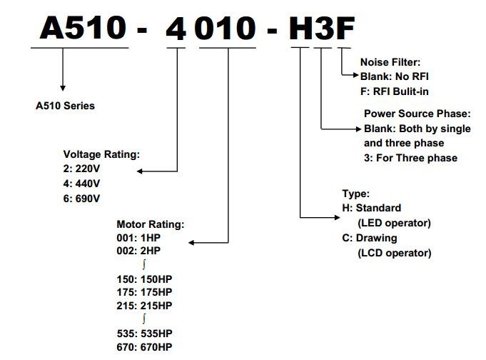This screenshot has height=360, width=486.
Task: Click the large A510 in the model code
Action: [x=83, y=27]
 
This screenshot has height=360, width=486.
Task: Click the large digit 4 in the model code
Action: [x=176, y=28]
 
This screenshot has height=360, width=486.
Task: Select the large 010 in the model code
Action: [x=225, y=28]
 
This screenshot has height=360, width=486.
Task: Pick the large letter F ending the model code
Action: [x=345, y=28]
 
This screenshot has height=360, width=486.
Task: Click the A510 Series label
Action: [x=65, y=106]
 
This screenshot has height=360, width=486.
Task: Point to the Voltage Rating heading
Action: [x=101, y=154]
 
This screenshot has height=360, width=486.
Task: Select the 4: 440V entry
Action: [x=81, y=184]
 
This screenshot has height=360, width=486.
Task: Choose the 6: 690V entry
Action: [x=81, y=199]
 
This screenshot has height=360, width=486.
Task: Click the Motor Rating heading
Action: [x=151, y=224]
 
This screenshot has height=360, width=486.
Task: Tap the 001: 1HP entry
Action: [x=138, y=238]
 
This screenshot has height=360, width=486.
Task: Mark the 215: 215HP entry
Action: [x=144, y=306]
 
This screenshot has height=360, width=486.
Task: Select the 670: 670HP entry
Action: [x=144, y=347]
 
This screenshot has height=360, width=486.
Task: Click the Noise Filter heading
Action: [x=390, y=62]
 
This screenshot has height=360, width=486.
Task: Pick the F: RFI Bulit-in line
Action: [x=395, y=91]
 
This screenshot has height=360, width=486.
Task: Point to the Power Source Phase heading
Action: [x=417, y=114]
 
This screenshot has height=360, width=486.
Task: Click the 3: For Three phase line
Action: [x=410, y=158]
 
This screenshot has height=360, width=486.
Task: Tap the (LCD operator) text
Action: [x=395, y=253]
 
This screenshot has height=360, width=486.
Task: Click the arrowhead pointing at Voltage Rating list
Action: [x=139, y=171]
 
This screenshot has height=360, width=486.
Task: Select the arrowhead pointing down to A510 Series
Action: [x=63, y=89]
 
